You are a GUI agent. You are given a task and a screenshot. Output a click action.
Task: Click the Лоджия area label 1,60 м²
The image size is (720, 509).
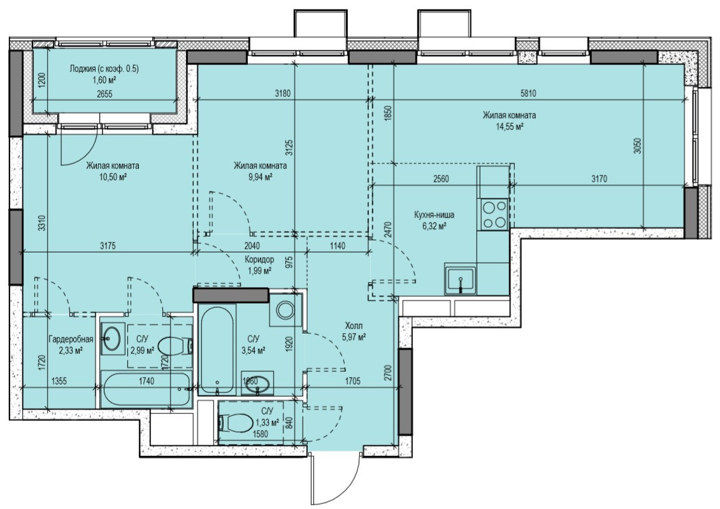pos(104,80)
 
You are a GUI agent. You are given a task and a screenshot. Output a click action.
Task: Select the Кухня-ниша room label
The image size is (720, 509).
pos(434,215)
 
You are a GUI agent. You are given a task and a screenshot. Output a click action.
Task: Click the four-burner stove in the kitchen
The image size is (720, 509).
pos(494,214)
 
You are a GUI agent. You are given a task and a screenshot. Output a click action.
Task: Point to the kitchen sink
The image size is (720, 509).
pos(461,279)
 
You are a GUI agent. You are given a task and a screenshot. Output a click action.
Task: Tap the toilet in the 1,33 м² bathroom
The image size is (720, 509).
pos(235,422)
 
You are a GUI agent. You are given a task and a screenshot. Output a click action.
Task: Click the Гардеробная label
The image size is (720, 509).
pos(70,339)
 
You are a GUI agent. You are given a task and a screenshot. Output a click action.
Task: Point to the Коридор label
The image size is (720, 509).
pos(259,260)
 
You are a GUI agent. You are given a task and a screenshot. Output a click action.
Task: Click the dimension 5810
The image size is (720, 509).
pos(528,93)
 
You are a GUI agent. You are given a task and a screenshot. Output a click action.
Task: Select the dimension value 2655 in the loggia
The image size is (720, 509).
pos(104,94)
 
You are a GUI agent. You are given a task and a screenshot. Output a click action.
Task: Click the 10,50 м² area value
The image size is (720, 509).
pos(113,177)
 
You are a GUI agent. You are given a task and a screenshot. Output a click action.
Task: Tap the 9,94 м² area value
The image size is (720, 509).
pos(260,177)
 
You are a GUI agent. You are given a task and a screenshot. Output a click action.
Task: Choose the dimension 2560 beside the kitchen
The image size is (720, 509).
pos(441,179)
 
